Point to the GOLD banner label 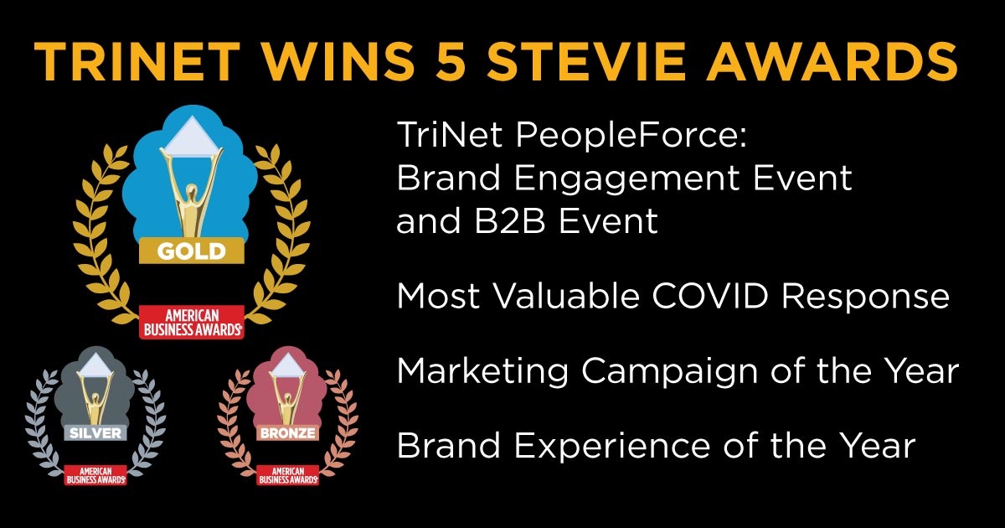click(x=192, y=250)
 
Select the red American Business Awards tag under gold click(x=192, y=321)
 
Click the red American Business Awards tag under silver click(x=95, y=474)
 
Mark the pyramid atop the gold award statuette click(x=192, y=137)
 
